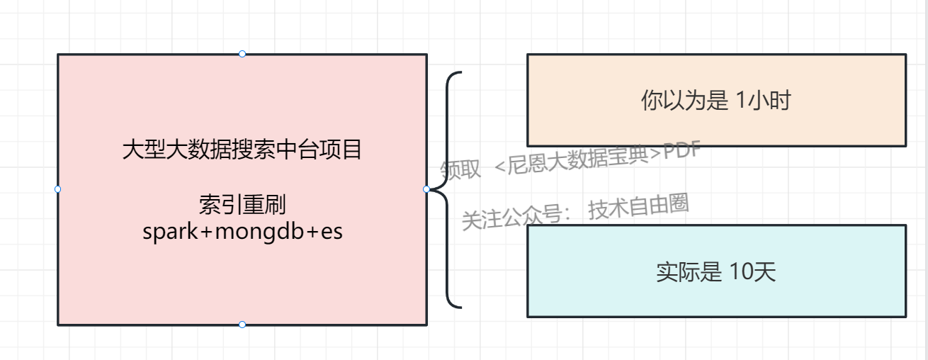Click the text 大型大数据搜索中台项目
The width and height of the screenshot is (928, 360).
[x=242, y=150]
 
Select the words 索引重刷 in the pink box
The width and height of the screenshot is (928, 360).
[x=242, y=206]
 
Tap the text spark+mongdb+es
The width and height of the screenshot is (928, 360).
[x=242, y=232]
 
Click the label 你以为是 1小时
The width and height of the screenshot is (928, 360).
[x=715, y=101]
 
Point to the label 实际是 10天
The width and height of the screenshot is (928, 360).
[x=715, y=272]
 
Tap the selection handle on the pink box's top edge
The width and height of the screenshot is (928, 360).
[x=242, y=54]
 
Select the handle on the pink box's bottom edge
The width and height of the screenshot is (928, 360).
[x=242, y=325]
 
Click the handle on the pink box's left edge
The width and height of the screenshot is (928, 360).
[x=57, y=189]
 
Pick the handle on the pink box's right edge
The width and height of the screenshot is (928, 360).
[x=426, y=189]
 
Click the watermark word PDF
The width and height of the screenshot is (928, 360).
[x=681, y=151]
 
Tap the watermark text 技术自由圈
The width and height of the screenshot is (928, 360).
[x=638, y=207]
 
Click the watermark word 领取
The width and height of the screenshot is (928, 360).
[x=460, y=169]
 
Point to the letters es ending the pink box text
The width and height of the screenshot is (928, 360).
[x=332, y=232]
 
